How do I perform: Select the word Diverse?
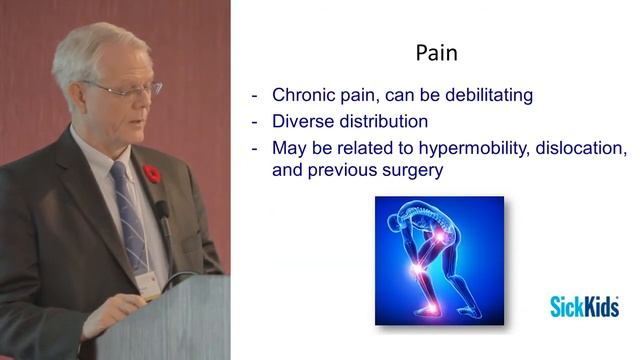[x=304, y=122]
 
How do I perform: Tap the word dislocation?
[x=583, y=148]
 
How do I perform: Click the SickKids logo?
[x=583, y=306]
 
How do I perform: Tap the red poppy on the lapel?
[x=152, y=174]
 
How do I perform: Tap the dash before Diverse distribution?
[x=255, y=122]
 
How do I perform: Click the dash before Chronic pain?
[x=255, y=96]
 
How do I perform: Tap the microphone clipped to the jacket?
[x=161, y=212]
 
